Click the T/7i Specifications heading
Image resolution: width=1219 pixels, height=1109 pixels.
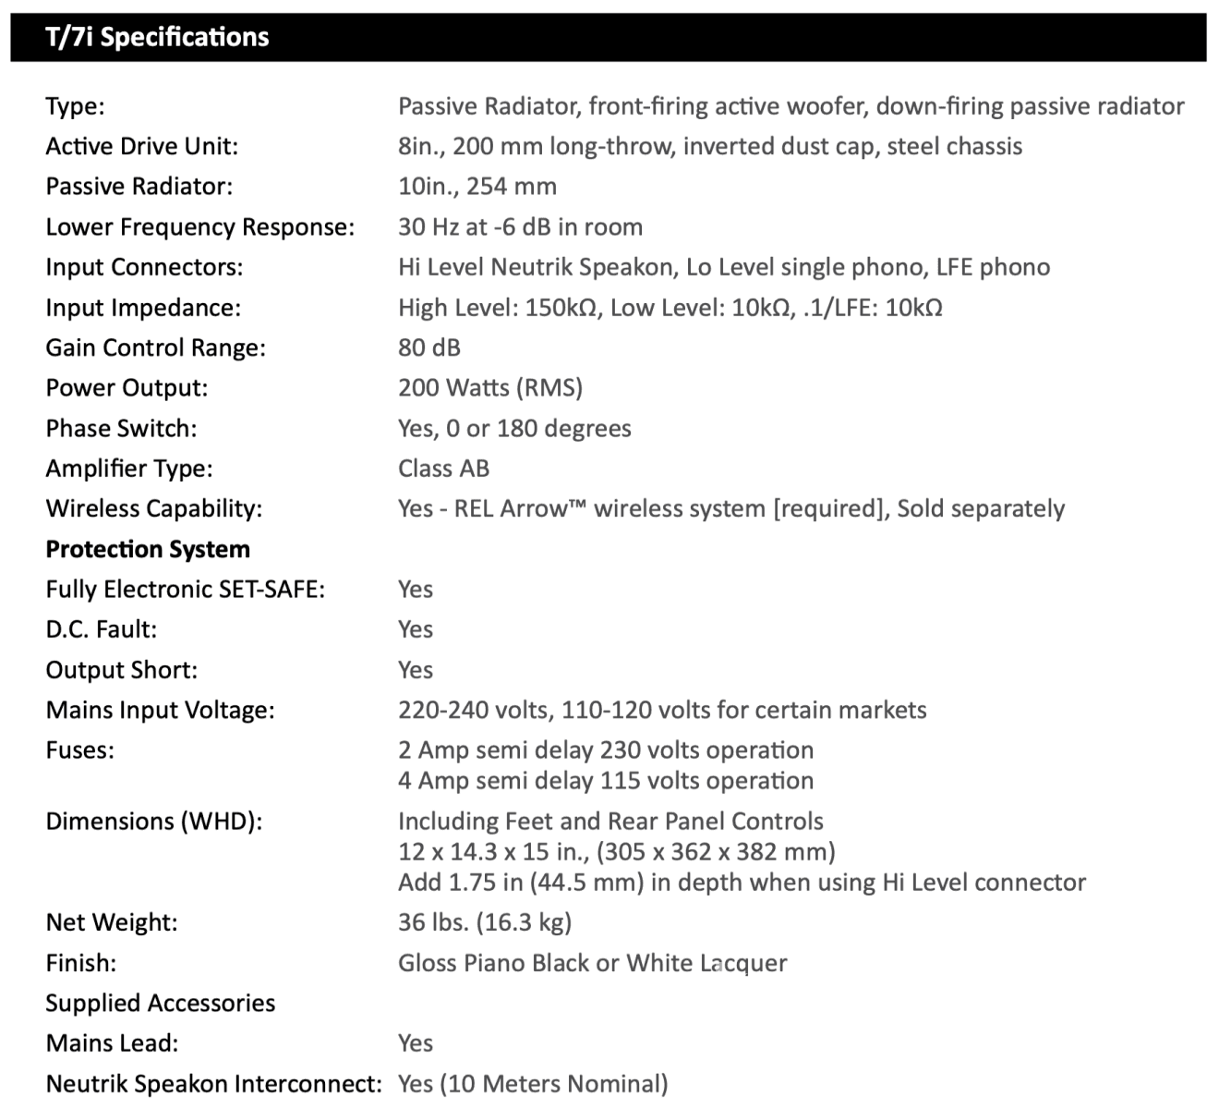(157, 37)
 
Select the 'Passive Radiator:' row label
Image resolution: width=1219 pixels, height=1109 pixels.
(139, 187)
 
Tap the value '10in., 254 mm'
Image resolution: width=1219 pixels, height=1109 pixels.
(477, 187)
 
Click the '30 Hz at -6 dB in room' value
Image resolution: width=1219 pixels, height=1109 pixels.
(520, 227)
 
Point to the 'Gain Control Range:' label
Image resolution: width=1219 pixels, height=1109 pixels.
(155, 348)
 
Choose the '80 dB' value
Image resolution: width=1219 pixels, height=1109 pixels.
(429, 348)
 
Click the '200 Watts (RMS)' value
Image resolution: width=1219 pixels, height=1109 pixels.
(490, 388)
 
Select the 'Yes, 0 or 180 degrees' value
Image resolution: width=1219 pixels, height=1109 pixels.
(514, 429)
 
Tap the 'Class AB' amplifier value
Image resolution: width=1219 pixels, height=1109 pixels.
(443, 469)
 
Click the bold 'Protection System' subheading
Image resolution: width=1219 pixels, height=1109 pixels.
(148, 550)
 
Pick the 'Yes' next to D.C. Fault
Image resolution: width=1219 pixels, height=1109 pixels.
(416, 629)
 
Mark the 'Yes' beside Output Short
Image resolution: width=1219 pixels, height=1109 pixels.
(416, 670)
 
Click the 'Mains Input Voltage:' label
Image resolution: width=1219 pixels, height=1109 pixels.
(160, 711)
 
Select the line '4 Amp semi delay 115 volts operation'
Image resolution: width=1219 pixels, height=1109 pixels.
(606, 781)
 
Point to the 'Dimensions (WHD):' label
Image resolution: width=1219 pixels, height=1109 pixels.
(154, 822)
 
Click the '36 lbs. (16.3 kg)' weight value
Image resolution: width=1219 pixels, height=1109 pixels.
(485, 922)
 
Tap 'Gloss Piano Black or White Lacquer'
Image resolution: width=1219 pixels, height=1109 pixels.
(593, 963)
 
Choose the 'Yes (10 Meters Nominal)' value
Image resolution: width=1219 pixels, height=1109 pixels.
(533, 1084)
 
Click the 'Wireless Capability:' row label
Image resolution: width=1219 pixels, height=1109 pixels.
(154, 509)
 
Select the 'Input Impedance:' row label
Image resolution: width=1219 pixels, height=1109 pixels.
(143, 308)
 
